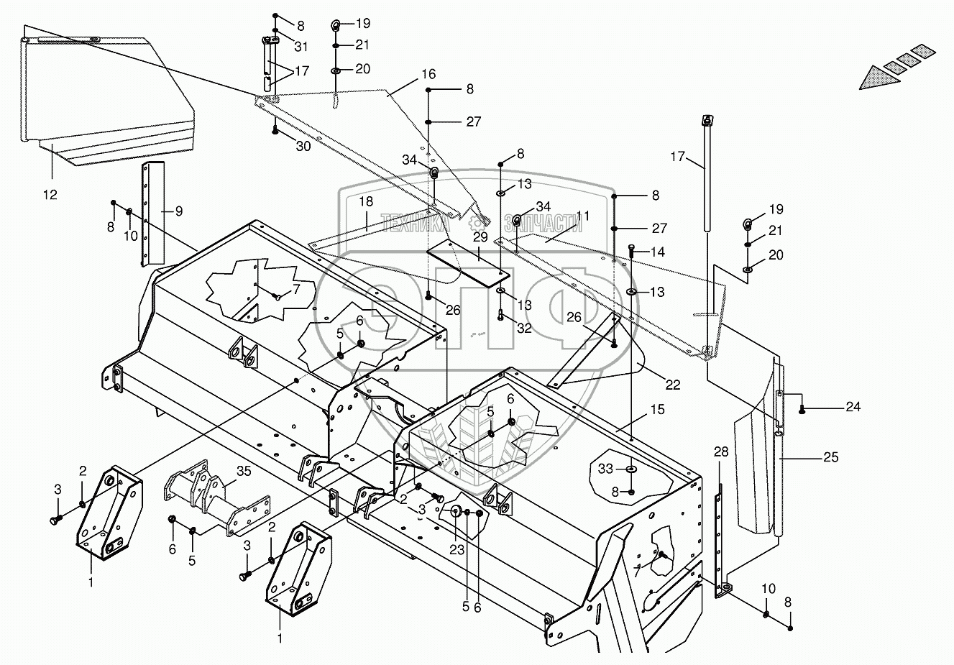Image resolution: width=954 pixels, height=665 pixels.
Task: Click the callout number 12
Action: point(51,195)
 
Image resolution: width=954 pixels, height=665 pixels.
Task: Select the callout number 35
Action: point(244,472)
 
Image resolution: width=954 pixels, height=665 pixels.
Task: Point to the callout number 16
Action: point(428,74)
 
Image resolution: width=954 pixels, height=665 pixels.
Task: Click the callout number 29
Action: point(480,237)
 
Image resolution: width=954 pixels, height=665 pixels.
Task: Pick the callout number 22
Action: point(672,385)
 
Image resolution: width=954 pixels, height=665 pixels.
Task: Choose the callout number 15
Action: point(659,410)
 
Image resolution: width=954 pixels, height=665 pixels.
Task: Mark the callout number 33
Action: point(605,468)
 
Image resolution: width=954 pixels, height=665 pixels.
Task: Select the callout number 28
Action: point(721,451)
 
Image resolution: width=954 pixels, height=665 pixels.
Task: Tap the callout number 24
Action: point(853,406)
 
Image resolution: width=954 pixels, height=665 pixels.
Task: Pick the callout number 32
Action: point(524,328)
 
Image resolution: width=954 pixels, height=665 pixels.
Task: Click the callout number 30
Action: point(303,146)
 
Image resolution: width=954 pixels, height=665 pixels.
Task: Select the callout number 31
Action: point(301,47)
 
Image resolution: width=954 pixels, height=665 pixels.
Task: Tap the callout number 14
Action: point(658,252)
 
